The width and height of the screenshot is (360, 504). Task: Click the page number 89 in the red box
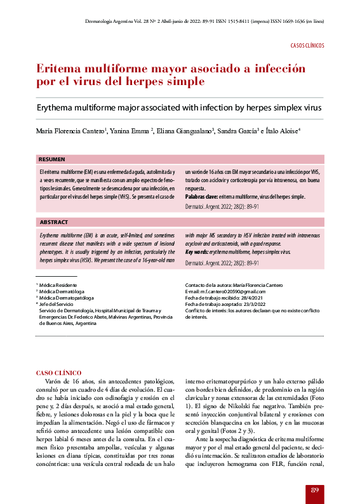tap(315, 489)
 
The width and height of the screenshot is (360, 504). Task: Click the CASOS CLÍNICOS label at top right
tap(307, 46)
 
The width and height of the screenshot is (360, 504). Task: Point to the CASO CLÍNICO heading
tap(58, 372)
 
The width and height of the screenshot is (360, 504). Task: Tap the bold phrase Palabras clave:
tap(201, 197)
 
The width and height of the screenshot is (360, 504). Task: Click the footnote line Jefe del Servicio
tap(59, 304)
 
